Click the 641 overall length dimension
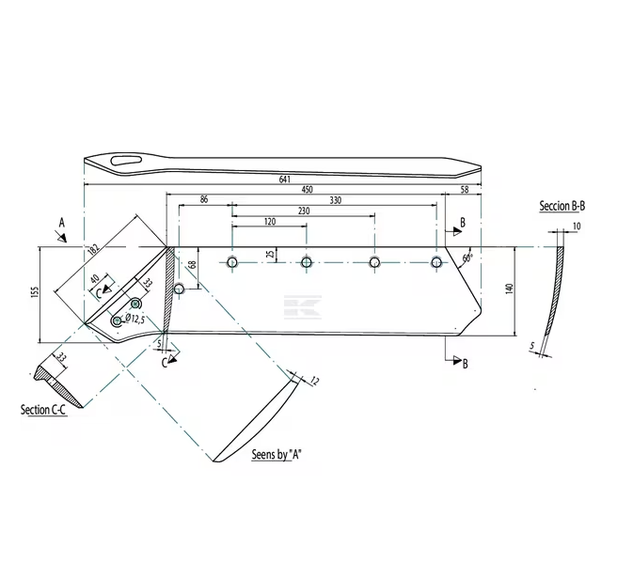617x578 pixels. (x=284, y=179)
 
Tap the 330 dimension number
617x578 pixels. (x=335, y=200)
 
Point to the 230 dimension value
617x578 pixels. (x=303, y=211)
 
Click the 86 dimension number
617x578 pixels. (x=205, y=200)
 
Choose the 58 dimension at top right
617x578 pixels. (x=464, y=190)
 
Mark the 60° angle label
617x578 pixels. (x=467, y=256)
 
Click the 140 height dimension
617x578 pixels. (x=509, y=289)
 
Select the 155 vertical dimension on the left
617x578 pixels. (x=35, y=292)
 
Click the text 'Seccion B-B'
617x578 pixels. (x=562, y=205)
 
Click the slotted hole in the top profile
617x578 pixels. (x=125, y=162)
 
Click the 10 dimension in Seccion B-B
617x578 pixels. (x=577, y=227)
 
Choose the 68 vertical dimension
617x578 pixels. (x=193, y=266)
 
